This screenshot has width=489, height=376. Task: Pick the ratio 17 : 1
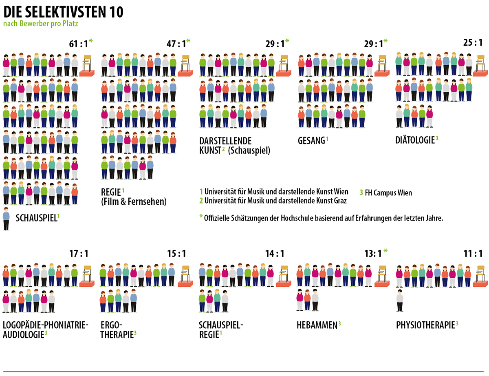[79, 254]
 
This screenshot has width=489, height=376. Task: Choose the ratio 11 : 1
[473, 254]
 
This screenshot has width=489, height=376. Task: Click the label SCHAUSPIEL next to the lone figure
[36, 218]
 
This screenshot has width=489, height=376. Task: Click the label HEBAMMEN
[317, 325]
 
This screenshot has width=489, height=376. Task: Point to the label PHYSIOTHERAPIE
[425, 325]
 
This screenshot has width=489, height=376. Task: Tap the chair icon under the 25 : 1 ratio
[480, 65]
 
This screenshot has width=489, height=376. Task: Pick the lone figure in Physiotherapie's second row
[400, 300]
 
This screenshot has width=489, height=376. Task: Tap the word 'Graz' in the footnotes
[340, 201]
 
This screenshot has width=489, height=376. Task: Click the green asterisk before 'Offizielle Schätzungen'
[200, 217]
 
